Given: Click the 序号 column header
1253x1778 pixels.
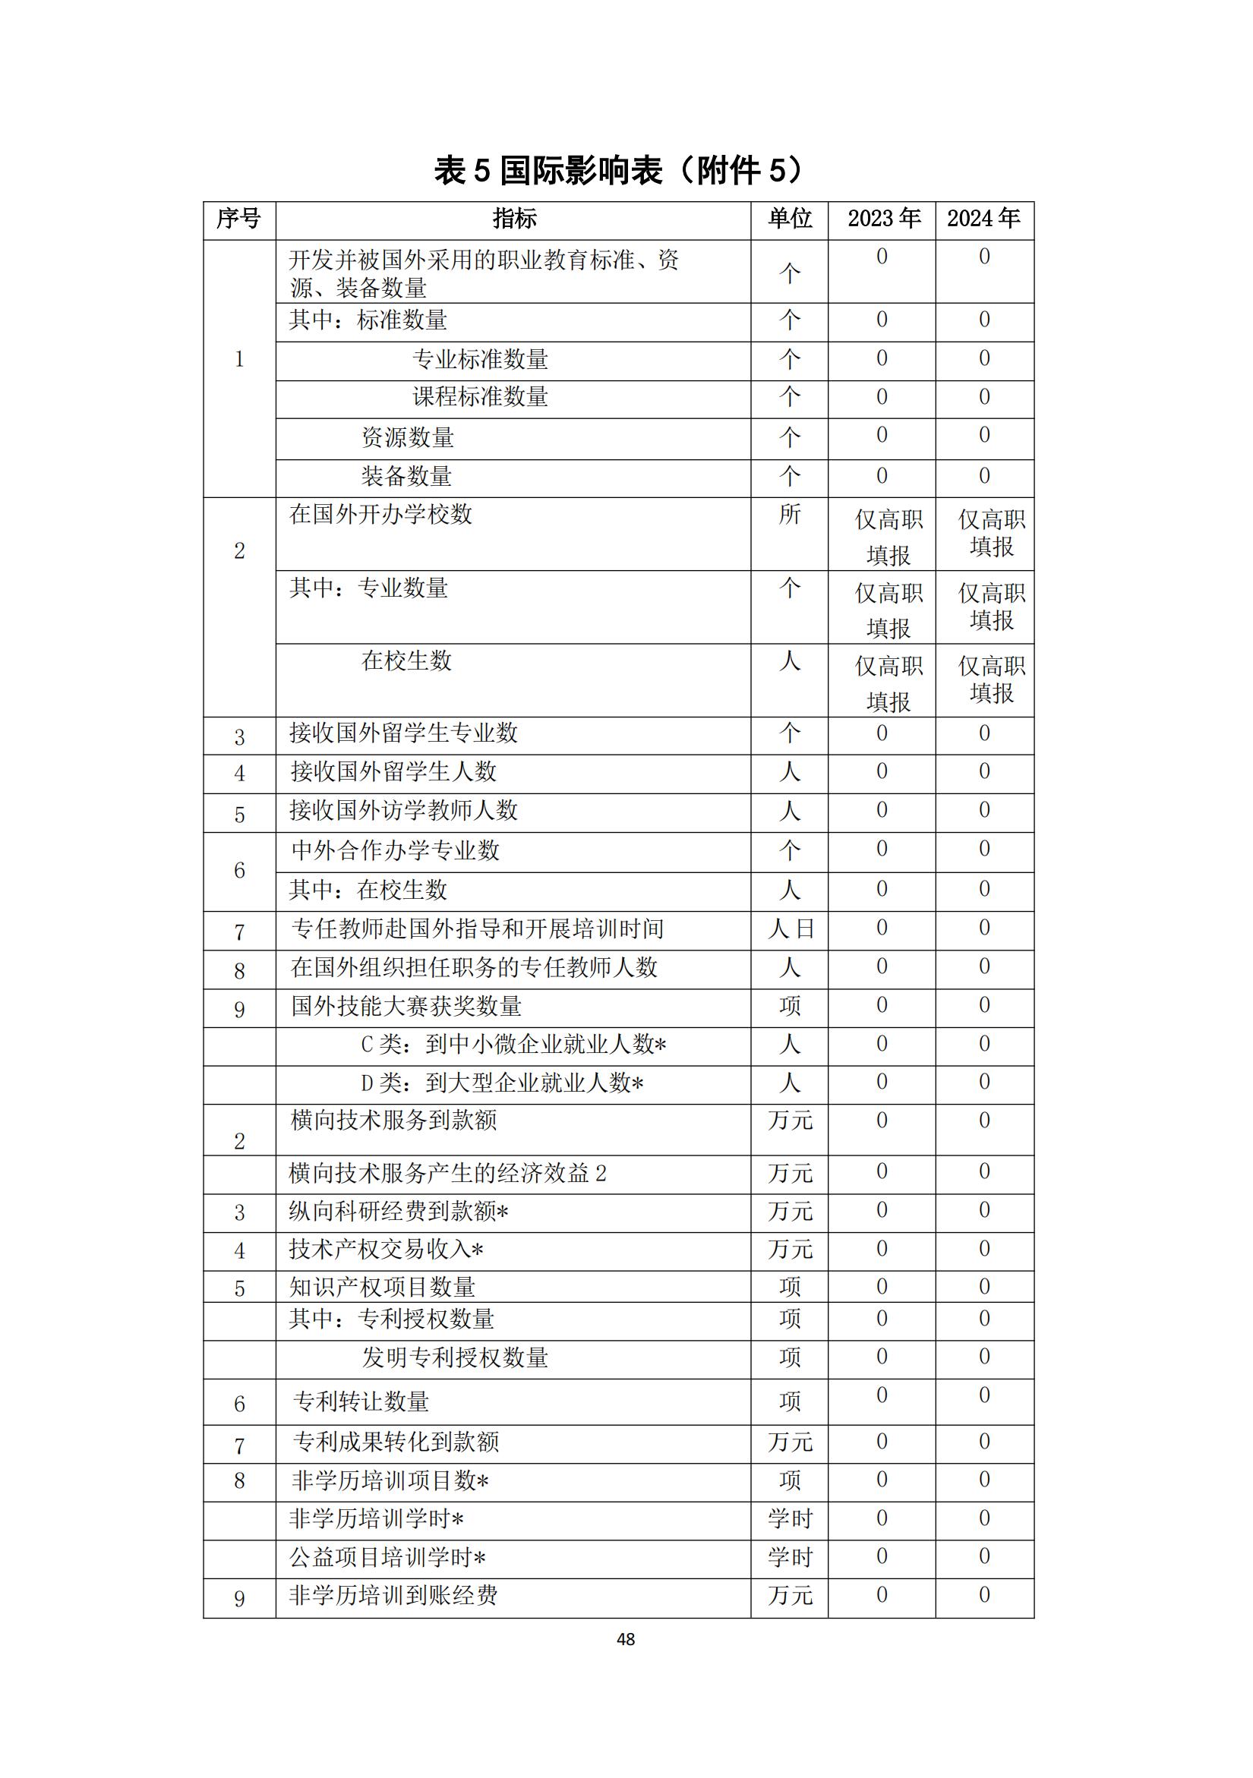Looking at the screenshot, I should (238, 219).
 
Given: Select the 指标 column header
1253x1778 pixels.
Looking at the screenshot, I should (513, 219).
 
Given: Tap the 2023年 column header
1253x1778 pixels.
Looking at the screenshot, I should (883, 219).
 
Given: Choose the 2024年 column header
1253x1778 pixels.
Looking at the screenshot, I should (983, 219).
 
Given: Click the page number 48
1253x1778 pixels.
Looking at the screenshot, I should (626, 1638).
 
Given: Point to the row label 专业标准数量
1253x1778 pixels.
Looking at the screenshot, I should (480, 359).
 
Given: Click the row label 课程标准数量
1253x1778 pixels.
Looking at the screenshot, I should (480, 397).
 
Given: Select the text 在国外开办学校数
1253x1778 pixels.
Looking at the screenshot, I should (380, 514).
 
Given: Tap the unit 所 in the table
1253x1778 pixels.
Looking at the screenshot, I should (789, 514).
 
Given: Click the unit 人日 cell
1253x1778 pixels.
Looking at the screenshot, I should (790, 928).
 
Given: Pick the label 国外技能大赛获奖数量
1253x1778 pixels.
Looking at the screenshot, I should (406, 1006).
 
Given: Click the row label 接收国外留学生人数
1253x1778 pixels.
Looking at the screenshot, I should (393, 771).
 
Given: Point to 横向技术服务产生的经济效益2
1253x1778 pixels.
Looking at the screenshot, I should (447, 1173).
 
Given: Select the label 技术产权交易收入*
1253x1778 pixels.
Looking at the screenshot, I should (387, 1249).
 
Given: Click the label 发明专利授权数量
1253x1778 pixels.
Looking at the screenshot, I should (455, 1357).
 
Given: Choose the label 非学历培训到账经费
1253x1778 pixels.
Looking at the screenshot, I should (393, 1595).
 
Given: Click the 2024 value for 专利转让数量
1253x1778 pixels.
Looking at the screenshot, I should (984, 1395).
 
